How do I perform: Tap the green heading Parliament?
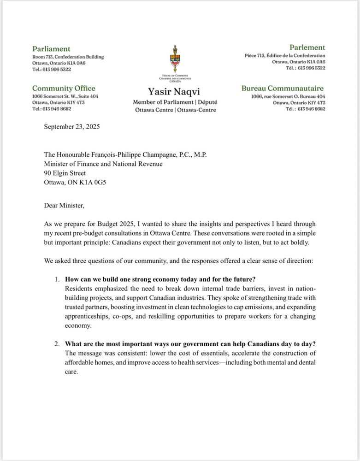51,48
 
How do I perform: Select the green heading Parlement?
307,47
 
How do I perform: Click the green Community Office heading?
64,88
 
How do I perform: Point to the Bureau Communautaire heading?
283,88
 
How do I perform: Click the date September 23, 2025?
71,126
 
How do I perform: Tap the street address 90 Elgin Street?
65,173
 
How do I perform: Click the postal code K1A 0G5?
100,183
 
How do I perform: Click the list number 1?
57,279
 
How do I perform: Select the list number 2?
57,343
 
